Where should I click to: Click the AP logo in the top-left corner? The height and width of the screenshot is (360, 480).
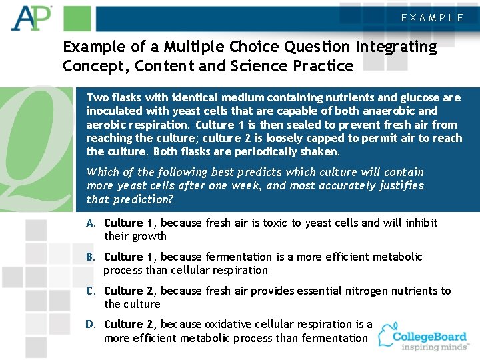click(x=31, y=18)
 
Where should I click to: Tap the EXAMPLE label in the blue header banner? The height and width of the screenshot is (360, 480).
click(x=432, y=18)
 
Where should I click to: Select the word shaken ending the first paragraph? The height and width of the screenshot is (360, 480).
click(x=322, y=151)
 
